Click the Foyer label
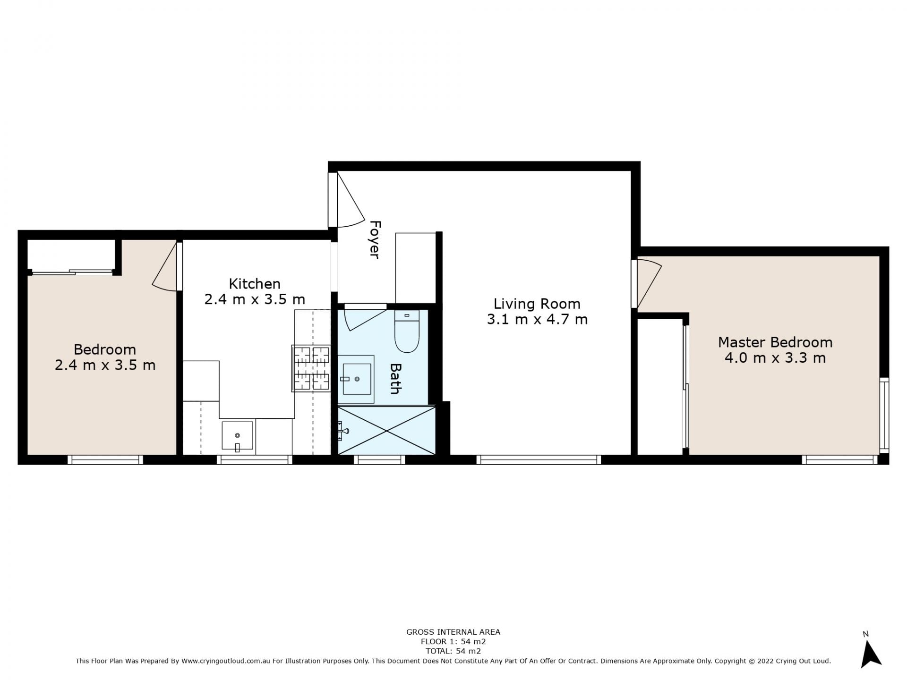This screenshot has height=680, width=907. click(375, 239)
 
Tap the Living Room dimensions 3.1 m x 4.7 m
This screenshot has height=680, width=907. click(537, 320)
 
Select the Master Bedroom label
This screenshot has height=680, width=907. click(775, 342)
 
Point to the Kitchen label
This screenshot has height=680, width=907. click(255, 284)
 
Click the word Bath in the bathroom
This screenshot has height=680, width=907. click(395, 378)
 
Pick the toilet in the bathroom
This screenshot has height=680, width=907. click(407, 331)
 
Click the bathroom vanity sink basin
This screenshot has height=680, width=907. click(357, 379)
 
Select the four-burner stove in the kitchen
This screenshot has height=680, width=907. click(311, 368)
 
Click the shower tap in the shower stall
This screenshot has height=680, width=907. click(343, 431)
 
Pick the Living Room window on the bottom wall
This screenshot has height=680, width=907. click(539, 459)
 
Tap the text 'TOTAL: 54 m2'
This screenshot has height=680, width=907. click(453, 651)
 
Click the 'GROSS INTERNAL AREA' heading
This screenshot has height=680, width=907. click(453, 632)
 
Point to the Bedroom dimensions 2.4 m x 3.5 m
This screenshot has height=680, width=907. click(105, 365)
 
